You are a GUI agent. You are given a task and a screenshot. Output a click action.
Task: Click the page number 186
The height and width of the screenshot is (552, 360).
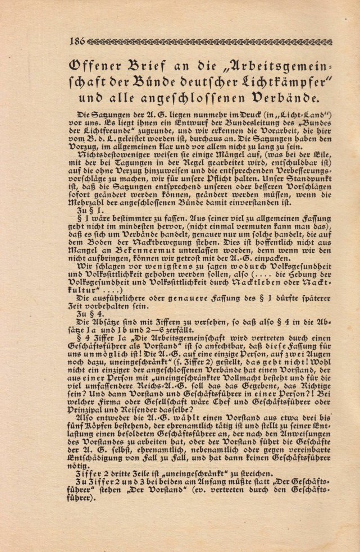tap(77, 41)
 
